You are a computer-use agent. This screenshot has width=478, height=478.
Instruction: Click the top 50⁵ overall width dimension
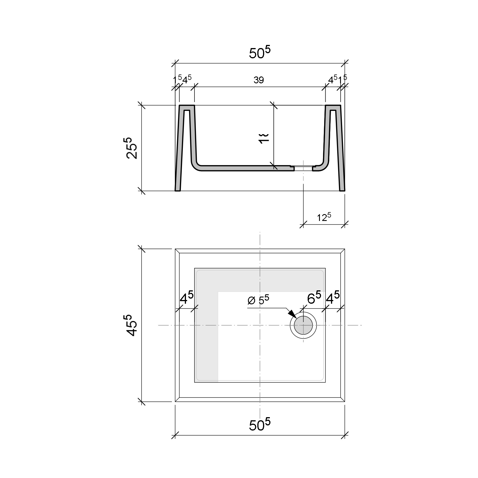[x=259, y=53]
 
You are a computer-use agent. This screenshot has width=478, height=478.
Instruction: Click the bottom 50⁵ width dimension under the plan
[x=259, y=425]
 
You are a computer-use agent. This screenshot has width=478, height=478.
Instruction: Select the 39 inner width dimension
[x=259, y=80]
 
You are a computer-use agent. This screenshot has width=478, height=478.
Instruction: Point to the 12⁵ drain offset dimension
[x=324, y=217]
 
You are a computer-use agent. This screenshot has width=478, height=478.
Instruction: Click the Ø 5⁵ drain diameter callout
[x=258, y=300]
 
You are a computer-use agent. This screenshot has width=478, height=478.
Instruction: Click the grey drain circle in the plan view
[x=303, y=325]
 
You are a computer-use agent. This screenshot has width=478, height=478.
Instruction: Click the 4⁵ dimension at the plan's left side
[x=187, y=299]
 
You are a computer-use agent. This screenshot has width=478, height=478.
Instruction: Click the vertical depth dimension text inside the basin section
[x=264, y=138]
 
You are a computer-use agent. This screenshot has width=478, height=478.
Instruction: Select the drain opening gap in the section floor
[x=303, y=169]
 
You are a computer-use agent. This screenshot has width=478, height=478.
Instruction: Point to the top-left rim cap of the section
[x=187, y=107]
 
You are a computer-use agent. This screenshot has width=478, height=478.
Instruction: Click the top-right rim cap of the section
[x=333, y=107]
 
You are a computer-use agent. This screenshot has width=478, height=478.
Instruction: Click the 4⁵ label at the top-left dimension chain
[x=187, y=80]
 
